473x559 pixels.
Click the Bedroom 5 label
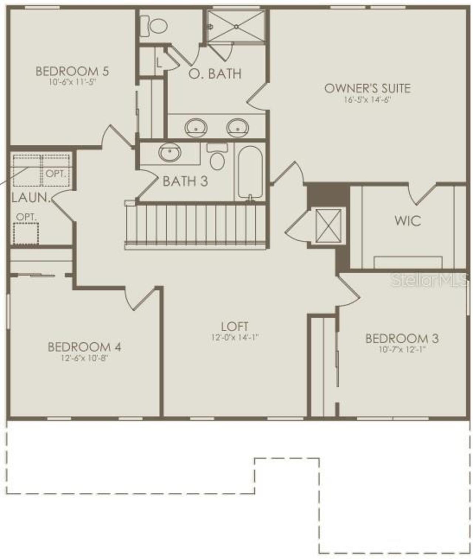point(72,71)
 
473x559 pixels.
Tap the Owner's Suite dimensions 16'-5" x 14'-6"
point(367,100)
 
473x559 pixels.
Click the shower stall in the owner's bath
point(236,25)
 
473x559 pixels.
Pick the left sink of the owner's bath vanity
point(195,127)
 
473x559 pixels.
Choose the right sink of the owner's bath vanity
point(237,127)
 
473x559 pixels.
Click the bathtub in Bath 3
point(250,172)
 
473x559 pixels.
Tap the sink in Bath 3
point(170,152)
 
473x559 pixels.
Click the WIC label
point(408,221)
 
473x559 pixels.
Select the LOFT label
point(235,326)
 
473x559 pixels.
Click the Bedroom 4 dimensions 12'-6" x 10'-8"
point(85,358)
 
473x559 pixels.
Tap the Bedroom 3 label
point(402,339)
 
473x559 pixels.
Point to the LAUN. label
point(31,198)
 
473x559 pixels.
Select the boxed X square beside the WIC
point(329,226)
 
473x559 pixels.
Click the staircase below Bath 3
point(196,225)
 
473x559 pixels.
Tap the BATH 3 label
point(185,181)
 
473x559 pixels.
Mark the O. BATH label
point(215,73)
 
